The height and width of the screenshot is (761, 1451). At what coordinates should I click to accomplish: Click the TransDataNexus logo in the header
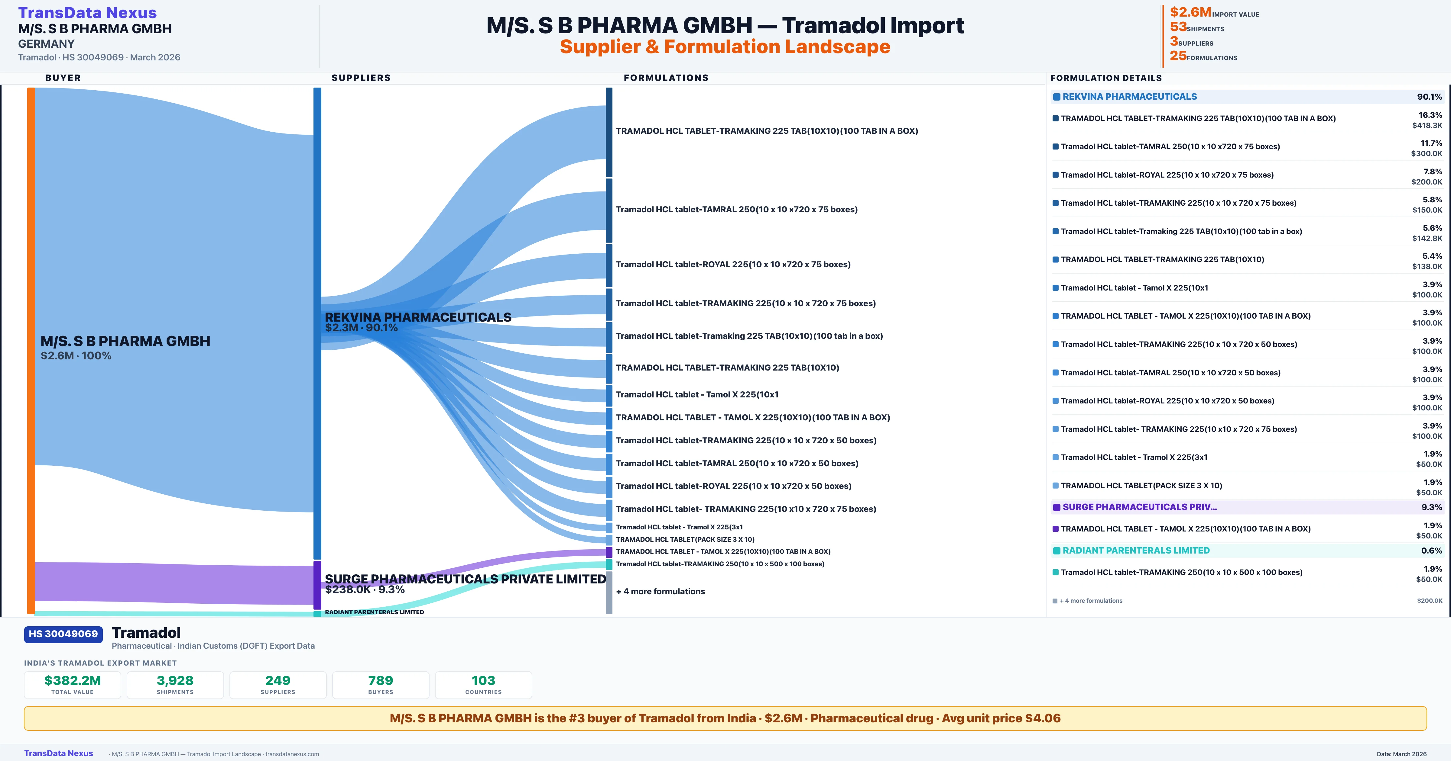(x=87, y=12)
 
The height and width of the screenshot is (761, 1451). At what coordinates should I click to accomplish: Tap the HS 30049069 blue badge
(x=63, y=634)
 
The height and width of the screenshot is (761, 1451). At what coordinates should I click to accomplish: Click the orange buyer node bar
(x=31, y=349)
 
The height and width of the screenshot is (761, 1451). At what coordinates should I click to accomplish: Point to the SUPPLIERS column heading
(x=361, y=78)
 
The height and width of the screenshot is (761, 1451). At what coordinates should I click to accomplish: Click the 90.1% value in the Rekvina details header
(x=1429, y=97)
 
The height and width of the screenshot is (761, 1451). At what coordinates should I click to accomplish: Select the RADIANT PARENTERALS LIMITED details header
(x=1136, y=551)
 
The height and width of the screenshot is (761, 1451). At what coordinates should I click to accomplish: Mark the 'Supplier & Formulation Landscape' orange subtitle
(x=725, y=47)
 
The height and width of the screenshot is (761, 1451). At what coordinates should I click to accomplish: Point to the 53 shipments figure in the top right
(x=1178, y=27)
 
